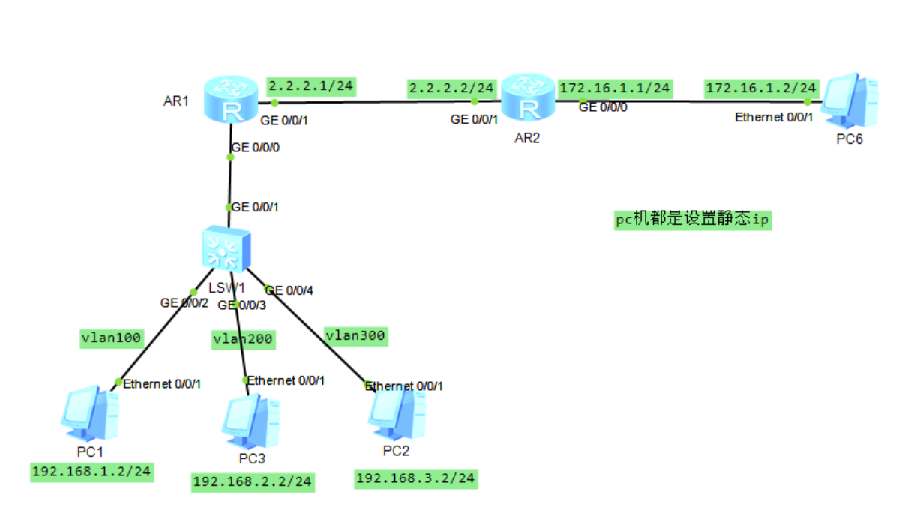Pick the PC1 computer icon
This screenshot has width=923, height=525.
[x=90, y=412]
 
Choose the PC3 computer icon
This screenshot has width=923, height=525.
[x=250, y=420]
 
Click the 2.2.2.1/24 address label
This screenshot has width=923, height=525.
[x=311, y=85]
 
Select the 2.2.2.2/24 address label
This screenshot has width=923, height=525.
[x=451, y=88]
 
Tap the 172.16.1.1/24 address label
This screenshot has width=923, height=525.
[x=615, y=88]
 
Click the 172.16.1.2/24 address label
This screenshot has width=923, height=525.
[x=761, y=88]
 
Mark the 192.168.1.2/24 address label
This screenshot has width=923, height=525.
[x=91, y=472]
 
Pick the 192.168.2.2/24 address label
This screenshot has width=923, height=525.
[x=253, y=481]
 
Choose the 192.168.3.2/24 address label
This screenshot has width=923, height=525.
[x=415, y=478]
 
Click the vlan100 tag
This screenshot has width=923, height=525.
[x=112, y=337]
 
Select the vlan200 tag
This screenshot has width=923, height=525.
[x=243, y=339]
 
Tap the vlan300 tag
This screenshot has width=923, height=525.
[x=355, y=335]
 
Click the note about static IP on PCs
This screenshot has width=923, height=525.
[x=693, y=220]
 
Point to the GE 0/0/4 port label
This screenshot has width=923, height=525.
[x=289, y=290]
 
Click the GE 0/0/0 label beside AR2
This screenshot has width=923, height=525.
[x=603, y=107]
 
